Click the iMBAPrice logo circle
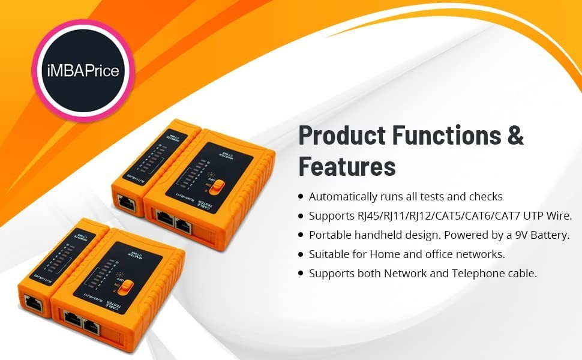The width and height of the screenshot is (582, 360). coord(83,71)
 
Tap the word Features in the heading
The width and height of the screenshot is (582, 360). coord(347,166)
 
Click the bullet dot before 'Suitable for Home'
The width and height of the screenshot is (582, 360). coord(301,254)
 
